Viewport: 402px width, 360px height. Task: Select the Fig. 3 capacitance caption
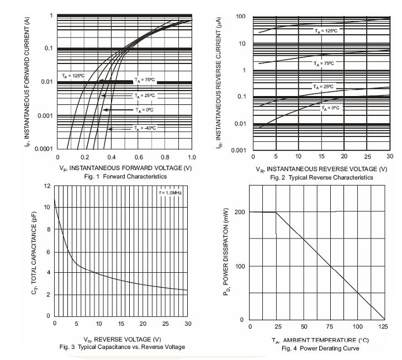pyautogui.click(x=122, y=347)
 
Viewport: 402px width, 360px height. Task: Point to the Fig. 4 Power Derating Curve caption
pyautogui.click(x=313, y=348)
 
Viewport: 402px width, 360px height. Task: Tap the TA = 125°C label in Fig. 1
pyautogui.click(x=73, y=76)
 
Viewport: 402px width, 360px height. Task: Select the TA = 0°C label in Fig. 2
pyautogui.click(x=332, y=108)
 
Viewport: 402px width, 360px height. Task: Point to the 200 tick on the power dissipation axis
pyautogui.click(x=239, y=212)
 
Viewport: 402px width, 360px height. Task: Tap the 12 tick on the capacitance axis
pyautogui.click(x=46, y=186)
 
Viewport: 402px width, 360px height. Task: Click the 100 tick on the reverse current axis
pyautogui.click(x=241, y=17)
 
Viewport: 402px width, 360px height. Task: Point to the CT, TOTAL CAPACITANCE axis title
pyautogui.click(x=34, y=251)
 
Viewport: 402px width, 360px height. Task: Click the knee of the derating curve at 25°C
pyautogui.click(x=276, y=212)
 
